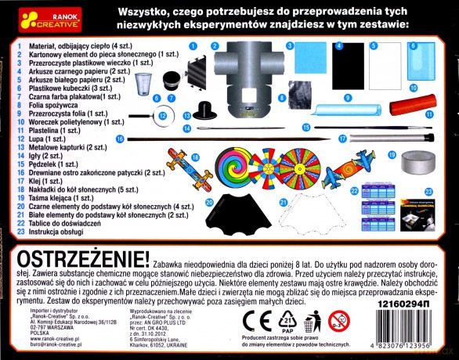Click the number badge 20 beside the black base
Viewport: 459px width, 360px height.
(210, 202)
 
